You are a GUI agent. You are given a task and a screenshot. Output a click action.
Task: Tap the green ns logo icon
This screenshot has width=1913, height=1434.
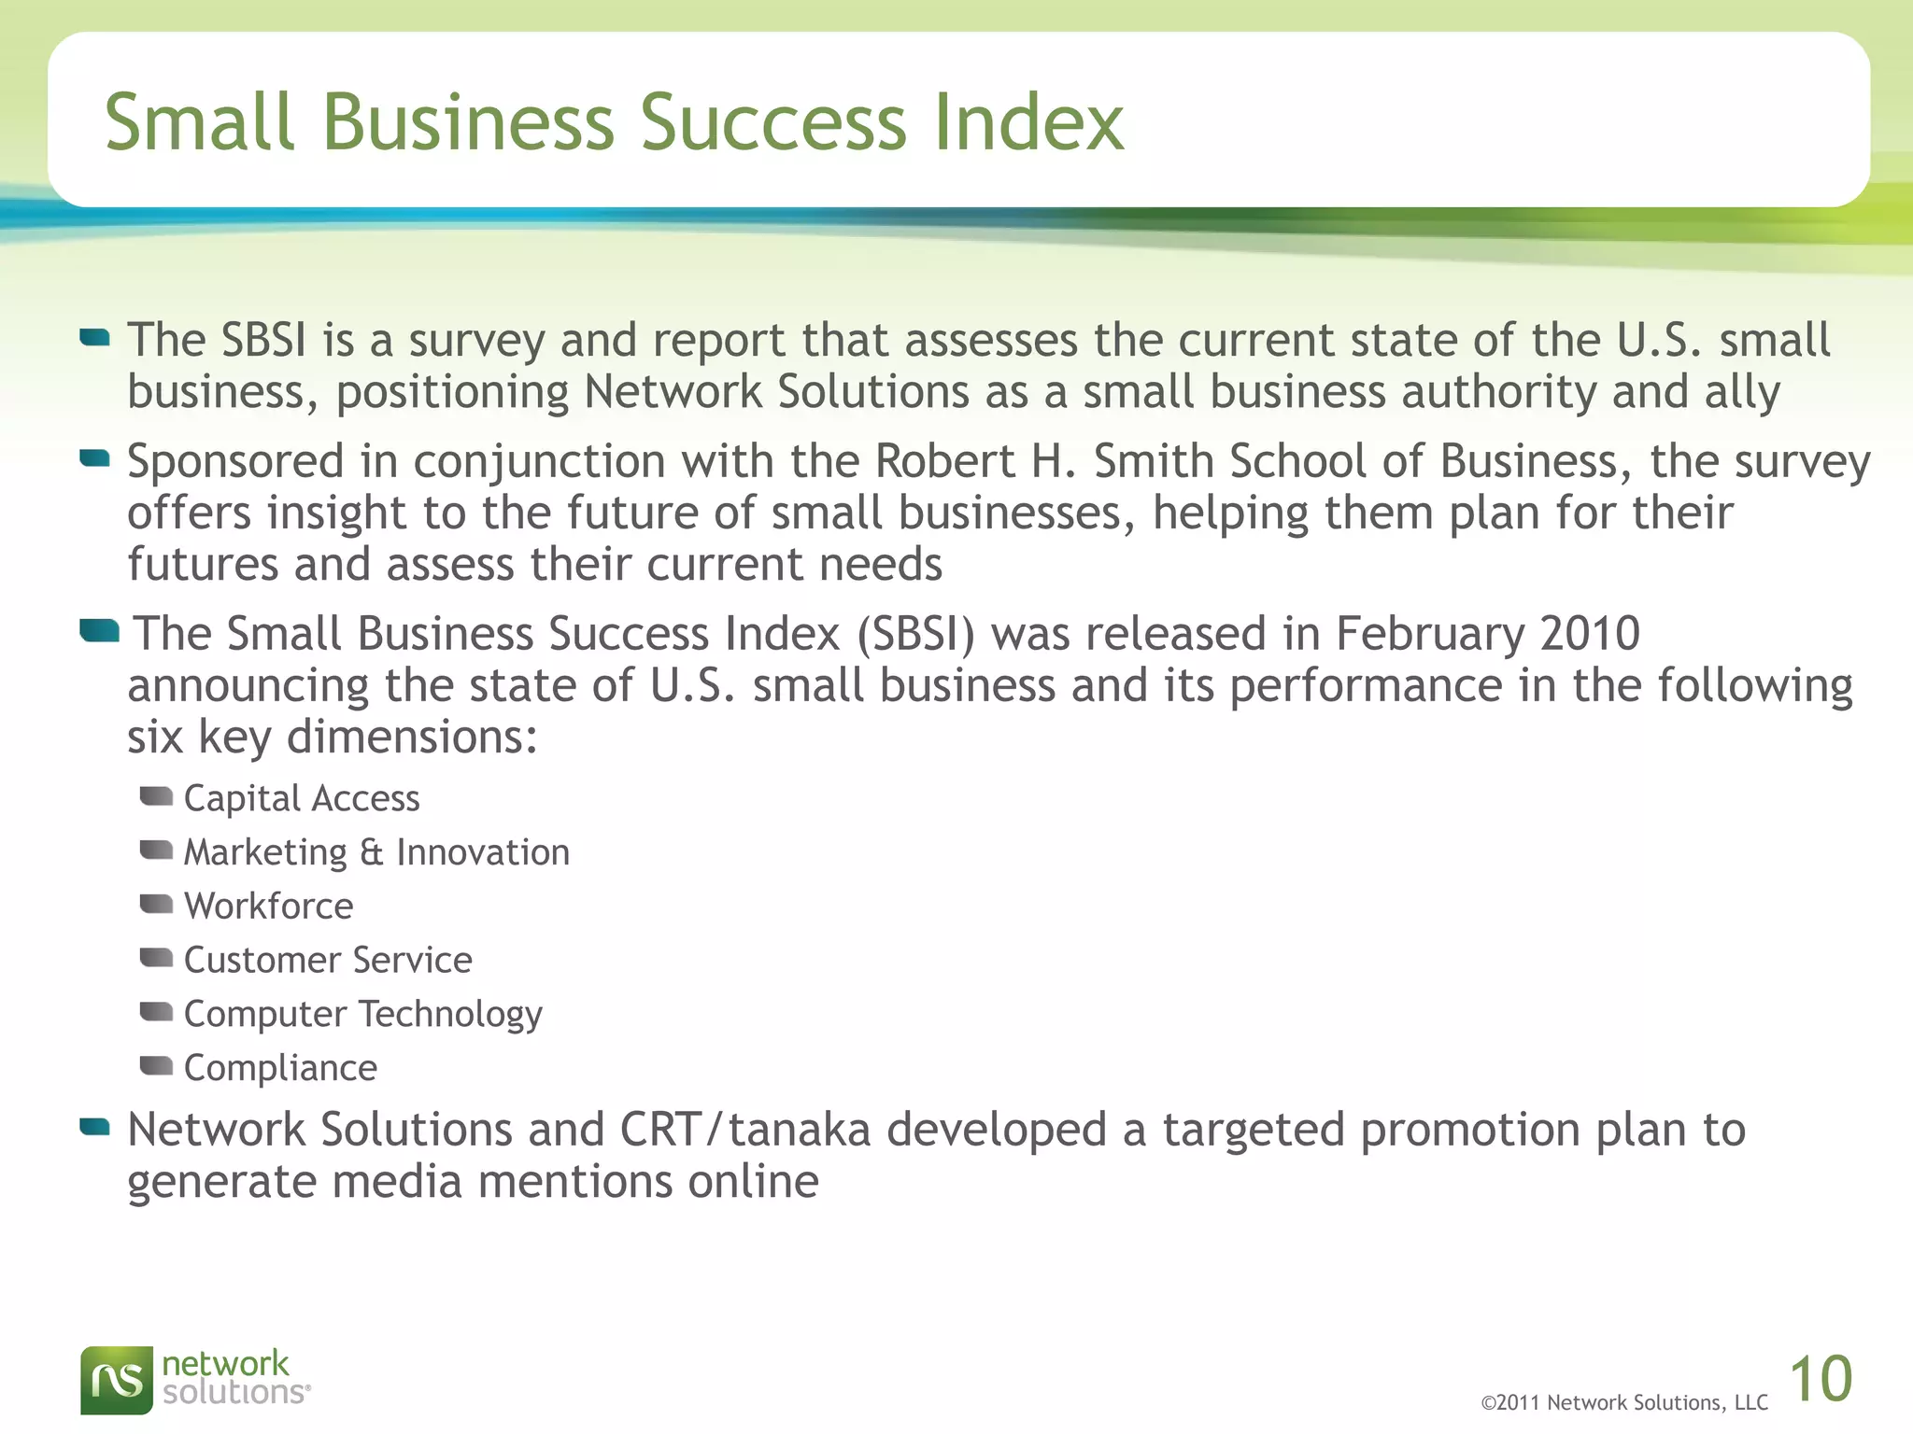[117, 1380]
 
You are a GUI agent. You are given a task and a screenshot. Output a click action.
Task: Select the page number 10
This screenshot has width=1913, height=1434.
[1821, 1379]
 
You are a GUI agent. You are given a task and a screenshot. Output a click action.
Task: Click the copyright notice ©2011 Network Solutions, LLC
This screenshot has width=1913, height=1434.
[1624, 1403]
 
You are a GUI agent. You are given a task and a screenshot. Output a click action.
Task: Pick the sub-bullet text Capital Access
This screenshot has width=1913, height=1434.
[302, 799]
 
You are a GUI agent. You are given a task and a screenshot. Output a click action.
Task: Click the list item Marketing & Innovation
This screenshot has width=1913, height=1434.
[376, 852]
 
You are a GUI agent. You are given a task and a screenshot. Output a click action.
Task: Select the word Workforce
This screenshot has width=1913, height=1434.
[269, 907]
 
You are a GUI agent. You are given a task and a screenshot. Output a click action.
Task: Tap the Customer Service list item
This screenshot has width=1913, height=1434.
[328, 961]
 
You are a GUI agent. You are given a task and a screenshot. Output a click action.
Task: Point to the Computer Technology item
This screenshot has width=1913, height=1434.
[362, 1015]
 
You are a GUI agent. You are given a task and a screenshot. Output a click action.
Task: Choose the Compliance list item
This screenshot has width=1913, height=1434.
[280, 1068]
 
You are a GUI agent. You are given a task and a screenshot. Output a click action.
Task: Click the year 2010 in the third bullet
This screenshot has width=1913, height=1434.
[1590, 634]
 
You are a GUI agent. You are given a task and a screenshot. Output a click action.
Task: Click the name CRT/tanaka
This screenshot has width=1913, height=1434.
[745, 1130]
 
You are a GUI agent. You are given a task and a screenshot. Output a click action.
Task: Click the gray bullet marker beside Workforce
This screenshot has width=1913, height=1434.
[156, 904]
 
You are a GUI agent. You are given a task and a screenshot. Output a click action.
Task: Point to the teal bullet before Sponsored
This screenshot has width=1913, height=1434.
[95, 457]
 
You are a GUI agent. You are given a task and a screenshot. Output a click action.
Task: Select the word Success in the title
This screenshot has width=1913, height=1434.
[773, 122]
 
